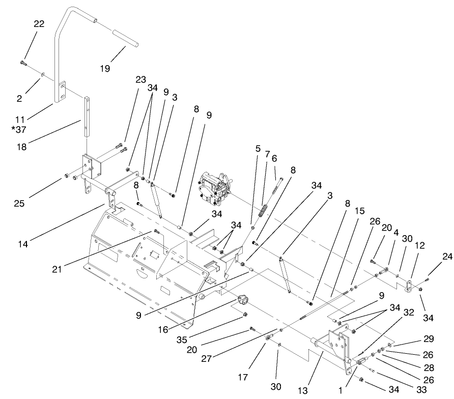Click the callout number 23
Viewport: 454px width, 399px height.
pos(140,79)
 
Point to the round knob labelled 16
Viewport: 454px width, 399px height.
pos(241,298)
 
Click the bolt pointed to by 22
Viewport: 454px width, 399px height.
pos(23,63)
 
